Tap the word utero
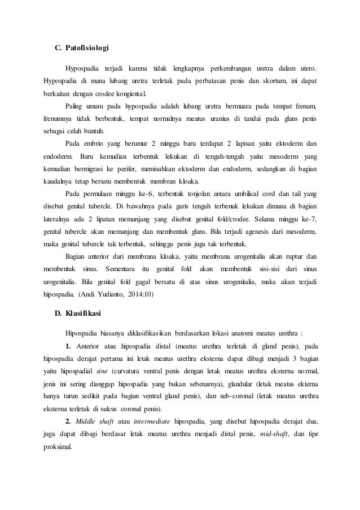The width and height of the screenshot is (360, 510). click(x=305, y=68)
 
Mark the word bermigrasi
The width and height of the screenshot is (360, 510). click(x=89, y=169)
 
